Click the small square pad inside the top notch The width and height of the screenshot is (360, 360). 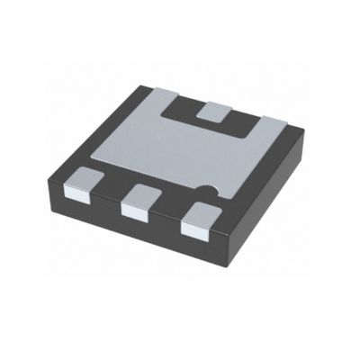pos(214,112)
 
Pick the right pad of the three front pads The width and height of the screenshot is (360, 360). pos(198,219)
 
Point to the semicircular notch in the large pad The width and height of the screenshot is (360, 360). pos(209,191)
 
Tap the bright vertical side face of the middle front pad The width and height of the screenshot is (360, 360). pos(135,212)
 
